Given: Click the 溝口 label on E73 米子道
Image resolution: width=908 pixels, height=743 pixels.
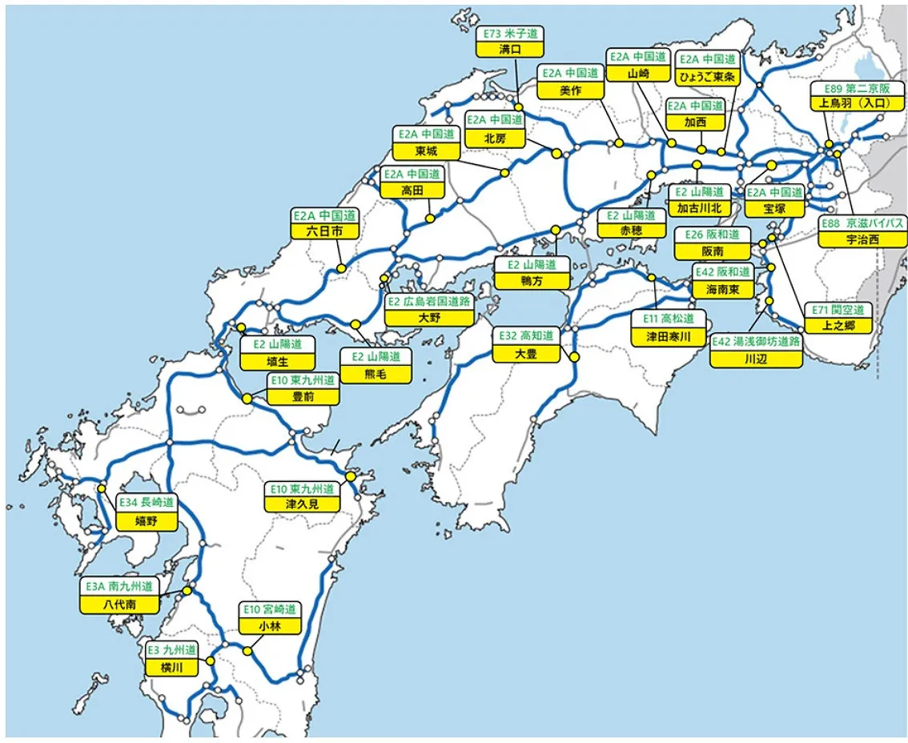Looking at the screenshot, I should tap(509, 49).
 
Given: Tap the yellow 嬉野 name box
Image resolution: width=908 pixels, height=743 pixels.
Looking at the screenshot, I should tap(147, 521).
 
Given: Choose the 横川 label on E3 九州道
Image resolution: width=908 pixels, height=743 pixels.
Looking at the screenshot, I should tap(172, 668).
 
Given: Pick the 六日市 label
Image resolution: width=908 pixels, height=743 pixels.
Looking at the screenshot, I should tap(324, 231).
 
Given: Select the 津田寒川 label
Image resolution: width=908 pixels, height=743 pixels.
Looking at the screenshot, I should tap(668, 337).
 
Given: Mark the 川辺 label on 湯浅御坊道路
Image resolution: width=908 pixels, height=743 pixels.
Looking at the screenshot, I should tap(756, 359).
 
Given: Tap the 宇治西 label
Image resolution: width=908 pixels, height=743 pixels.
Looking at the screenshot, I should tap(862, 239).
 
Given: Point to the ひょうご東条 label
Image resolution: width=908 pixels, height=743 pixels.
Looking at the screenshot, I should tap(708, 77).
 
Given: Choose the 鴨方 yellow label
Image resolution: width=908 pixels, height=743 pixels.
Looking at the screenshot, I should tap(532, 281).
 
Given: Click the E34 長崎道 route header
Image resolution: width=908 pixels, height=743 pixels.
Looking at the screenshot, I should tap(147, 503).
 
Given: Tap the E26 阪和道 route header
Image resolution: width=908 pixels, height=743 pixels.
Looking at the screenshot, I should tap(712, 234).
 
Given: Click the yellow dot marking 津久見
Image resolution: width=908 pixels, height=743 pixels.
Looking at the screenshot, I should tap(351, 476).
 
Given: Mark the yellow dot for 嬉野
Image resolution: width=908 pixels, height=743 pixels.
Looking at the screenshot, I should tap(102, 488).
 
